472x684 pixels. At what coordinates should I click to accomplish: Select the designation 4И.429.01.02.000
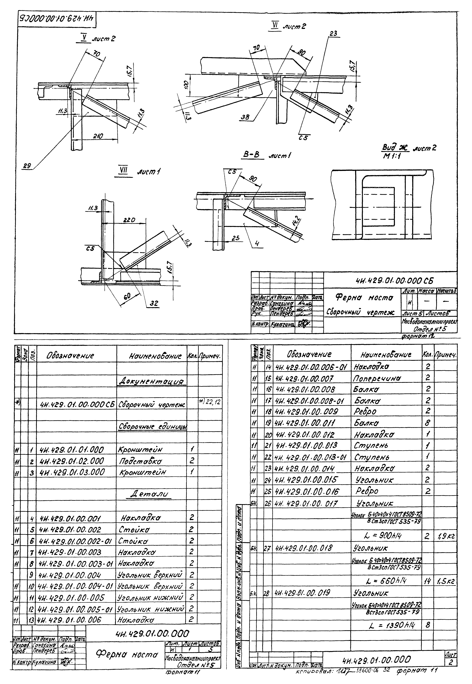tap(72, 461)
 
